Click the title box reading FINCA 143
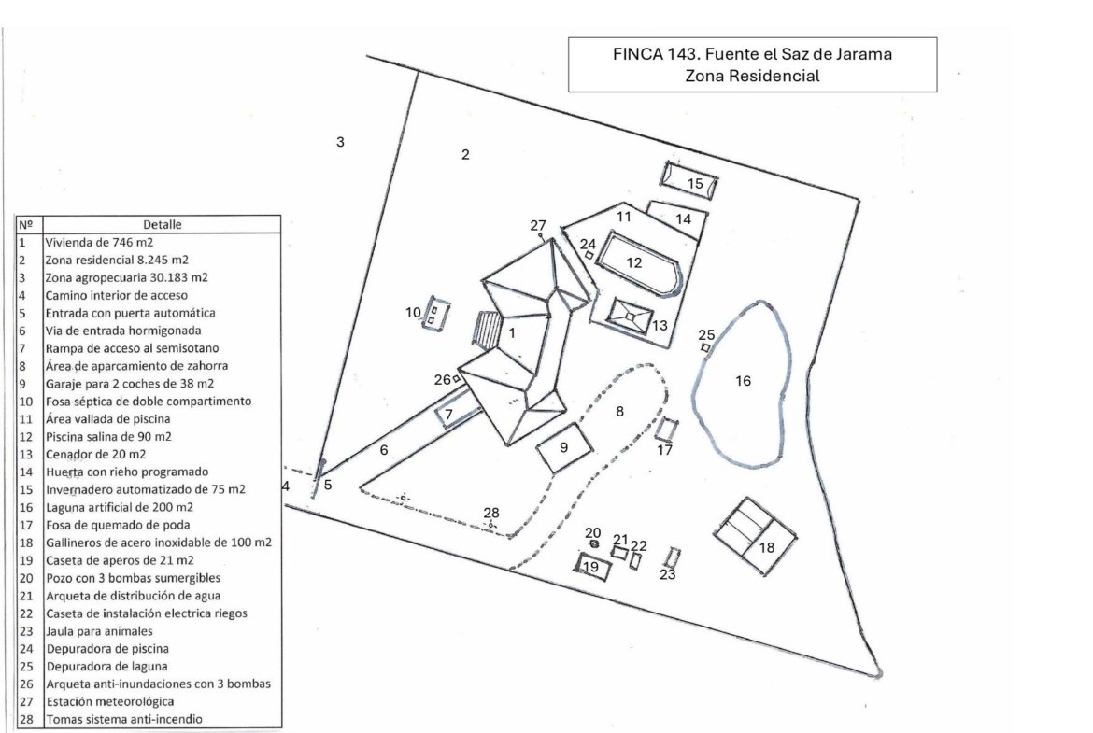(x=752, y=65)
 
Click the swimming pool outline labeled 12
(x=635, y=264)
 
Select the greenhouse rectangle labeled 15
(x=689, y=179)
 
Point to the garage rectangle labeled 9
(x=565, y=448)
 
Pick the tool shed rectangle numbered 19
(x=591, y=567)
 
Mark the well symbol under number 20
(x=593, y=544)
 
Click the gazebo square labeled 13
(x=632, y=318)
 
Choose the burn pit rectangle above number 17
(x=665, y=430)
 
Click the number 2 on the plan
(x=464, y=154)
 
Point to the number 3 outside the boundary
(x=341, y=142)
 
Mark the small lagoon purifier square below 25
(x=705, y=347)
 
